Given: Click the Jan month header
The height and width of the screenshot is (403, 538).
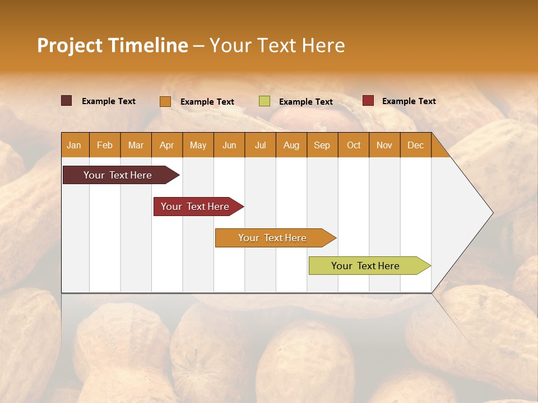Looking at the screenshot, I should pos(74,145).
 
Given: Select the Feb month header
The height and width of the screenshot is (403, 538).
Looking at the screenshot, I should pos(105,145).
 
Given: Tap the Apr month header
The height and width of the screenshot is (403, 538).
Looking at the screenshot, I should pos(167,145).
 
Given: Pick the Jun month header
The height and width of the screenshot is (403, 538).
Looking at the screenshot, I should pos(229,145).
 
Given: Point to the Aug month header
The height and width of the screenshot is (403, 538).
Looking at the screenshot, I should pos(291,145).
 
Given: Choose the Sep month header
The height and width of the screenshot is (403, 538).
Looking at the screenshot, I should pos(322,145).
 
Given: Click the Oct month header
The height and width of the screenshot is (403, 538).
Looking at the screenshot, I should pos(354,145).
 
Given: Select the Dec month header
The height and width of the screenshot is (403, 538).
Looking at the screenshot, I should pos(416,145).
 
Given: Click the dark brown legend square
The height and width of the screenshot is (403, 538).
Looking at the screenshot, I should pos(67,101).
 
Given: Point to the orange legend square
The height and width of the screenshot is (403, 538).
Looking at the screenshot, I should pos(165,101).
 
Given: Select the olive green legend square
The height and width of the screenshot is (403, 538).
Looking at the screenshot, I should pos(265,101).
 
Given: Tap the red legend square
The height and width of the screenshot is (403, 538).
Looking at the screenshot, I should pos(368,101).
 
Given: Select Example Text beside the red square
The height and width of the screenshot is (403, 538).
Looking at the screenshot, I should pos(409,101).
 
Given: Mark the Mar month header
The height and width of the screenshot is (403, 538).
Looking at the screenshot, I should pos(136,145).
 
